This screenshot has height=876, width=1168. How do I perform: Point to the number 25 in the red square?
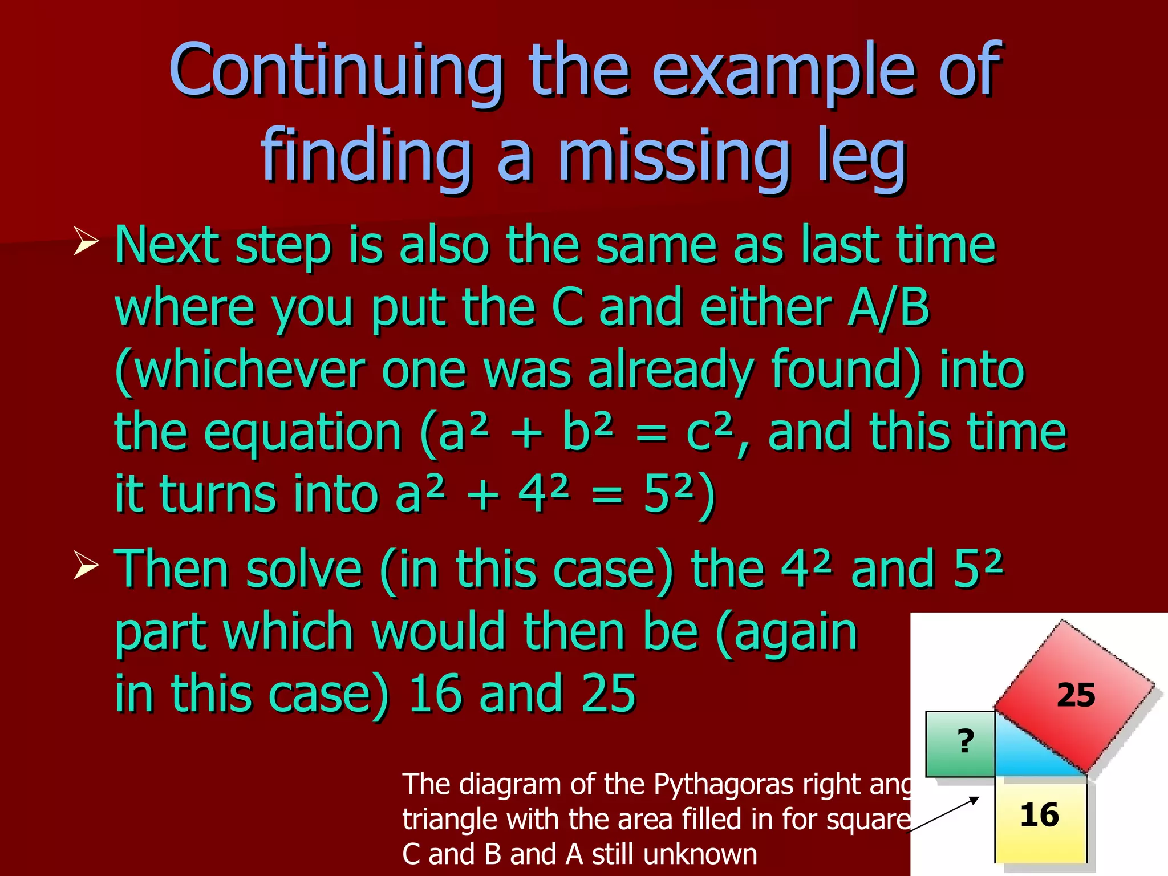pyautogui.click(x=1076, y=695)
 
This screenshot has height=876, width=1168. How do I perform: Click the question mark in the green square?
pyautogui.click(x=965, y=741)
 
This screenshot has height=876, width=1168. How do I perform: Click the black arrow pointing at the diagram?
pyautogui.click(x=944, y=816)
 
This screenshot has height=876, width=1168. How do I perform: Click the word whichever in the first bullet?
pyautogui.click(x=240, y=371)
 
